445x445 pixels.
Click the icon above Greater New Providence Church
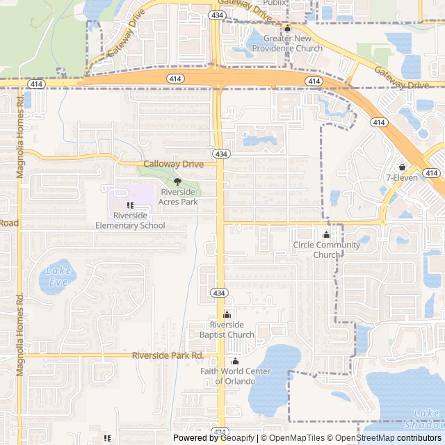click(287, 29)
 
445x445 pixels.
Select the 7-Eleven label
click(402, 177)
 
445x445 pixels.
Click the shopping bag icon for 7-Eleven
click(402, 167)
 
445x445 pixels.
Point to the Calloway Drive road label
click(173, 164)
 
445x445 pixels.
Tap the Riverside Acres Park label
click(178, 197)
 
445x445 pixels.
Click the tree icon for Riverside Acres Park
click(177, 181)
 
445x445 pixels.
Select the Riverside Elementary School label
click(130, 220)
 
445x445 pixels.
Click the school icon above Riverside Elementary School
click(130, 206)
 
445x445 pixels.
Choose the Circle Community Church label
click(327, 250)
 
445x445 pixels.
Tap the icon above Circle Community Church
click(327, 235)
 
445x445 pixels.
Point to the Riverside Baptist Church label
click(227, 330)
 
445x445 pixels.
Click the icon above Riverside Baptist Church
click(227, 315)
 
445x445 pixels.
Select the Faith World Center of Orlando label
click(235, 376)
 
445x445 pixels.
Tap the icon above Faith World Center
click(235, 362)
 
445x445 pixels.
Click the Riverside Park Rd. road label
click(168, 355)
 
